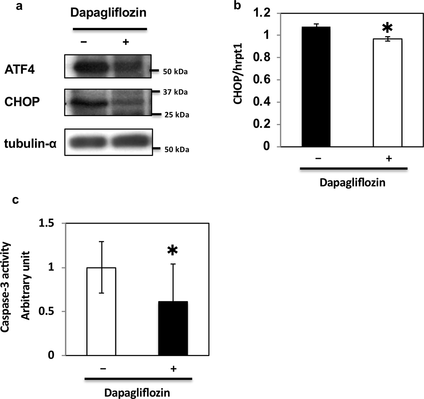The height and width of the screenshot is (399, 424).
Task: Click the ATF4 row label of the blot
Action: tap(19, 70)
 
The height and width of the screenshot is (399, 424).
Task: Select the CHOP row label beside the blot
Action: tap(22, 102)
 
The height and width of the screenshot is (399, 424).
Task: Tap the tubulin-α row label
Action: tap(30, 144)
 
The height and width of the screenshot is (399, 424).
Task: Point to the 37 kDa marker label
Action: tap(175, 92)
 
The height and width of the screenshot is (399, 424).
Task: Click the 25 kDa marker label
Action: tap(176, 115)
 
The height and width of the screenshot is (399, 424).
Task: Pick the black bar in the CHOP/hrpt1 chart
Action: tap(316, 87)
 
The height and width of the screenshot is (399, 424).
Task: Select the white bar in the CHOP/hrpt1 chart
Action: tap(387, 93)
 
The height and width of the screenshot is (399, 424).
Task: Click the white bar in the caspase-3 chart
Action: tap(101, 311)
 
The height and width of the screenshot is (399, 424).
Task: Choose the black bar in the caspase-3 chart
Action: tap(173, 328)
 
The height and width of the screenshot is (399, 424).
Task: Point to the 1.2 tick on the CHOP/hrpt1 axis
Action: tap(262, 13)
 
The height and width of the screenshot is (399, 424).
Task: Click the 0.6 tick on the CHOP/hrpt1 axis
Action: tap(262, 80)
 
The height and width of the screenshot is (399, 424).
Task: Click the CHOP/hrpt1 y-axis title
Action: tap(238, 79)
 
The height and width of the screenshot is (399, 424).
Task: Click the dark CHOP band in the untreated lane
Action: tap(87, 102)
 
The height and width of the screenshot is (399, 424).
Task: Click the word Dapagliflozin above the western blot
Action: tap(108, 13)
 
